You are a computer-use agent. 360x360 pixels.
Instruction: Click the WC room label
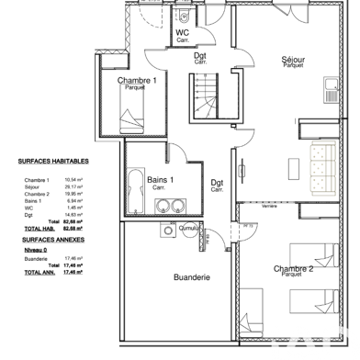[182, 35]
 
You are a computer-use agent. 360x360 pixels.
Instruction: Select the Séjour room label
[294, 61]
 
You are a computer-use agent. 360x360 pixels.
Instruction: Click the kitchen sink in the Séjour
[331, 88]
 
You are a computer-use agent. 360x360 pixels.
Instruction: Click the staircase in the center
[206, 96]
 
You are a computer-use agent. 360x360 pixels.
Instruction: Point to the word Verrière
[269, 207]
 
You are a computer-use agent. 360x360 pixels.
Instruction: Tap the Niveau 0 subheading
[34, 249]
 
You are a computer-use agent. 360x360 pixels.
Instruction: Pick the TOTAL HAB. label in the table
[39, 229]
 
